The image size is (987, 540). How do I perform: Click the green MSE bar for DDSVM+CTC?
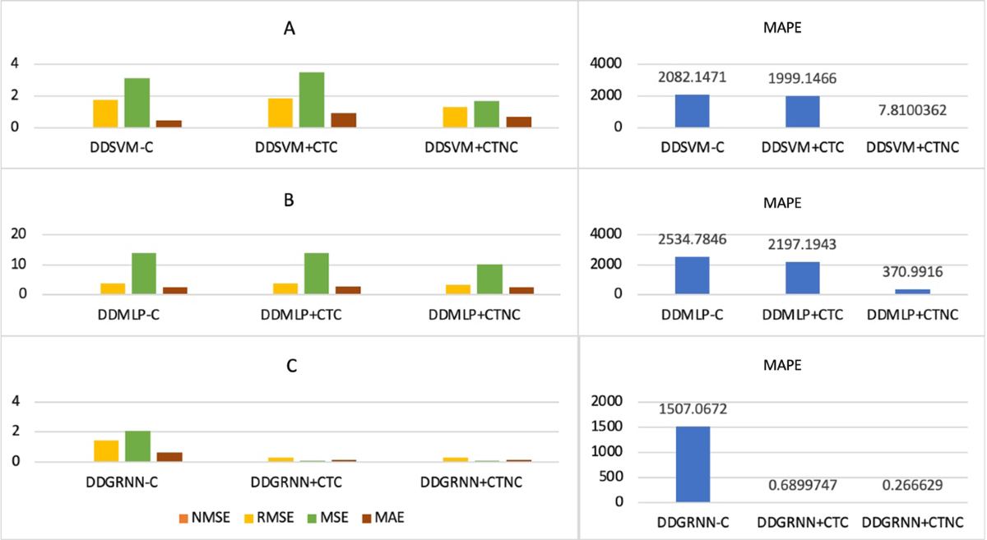[311, 100]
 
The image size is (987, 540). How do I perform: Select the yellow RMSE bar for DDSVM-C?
[105, 113]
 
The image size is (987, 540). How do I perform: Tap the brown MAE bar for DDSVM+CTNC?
[518, 122]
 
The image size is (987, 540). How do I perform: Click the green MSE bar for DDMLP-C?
[143, 274]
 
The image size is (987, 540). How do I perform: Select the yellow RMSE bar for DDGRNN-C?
[107, 451]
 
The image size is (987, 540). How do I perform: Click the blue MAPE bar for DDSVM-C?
[692, 111]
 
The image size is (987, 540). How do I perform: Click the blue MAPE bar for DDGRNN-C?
[693, 464]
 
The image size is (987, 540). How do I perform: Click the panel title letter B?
[288, 200]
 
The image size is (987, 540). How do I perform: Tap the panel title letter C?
[288, 367]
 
